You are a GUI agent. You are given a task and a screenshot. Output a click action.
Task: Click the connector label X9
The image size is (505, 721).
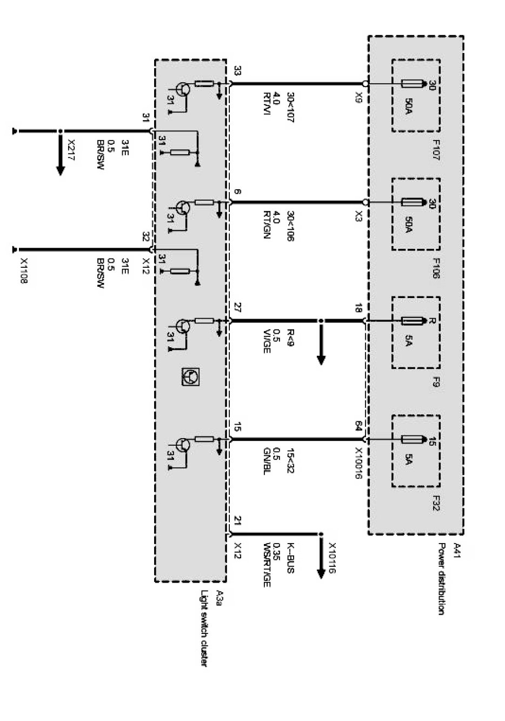point(359,97)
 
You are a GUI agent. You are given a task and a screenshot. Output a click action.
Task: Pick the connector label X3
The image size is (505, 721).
point(359,216)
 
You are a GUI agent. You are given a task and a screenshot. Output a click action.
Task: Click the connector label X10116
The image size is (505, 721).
point(332,558)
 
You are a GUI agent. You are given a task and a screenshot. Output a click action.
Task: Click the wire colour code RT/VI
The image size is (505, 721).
point(267,104)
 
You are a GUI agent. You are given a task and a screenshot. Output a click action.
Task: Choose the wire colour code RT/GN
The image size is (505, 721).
point(267,225)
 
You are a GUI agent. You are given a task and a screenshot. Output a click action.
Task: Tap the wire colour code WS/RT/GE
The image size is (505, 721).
point(267,565)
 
